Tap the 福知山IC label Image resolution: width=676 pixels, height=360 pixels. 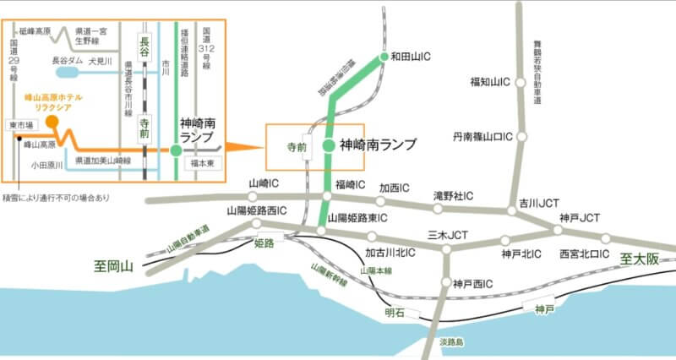point(493,82)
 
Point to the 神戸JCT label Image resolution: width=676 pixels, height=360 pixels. point(579,217)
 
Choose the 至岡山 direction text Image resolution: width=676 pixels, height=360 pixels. point(114,266)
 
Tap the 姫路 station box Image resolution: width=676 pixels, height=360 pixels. point(264,243)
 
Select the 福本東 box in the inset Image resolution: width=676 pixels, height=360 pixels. point(204,161)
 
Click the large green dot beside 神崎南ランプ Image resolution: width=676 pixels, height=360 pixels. point(328,145)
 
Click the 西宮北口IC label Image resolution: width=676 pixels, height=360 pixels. point(585,253)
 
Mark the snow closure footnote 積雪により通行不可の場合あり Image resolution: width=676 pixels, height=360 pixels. point(57,198)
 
